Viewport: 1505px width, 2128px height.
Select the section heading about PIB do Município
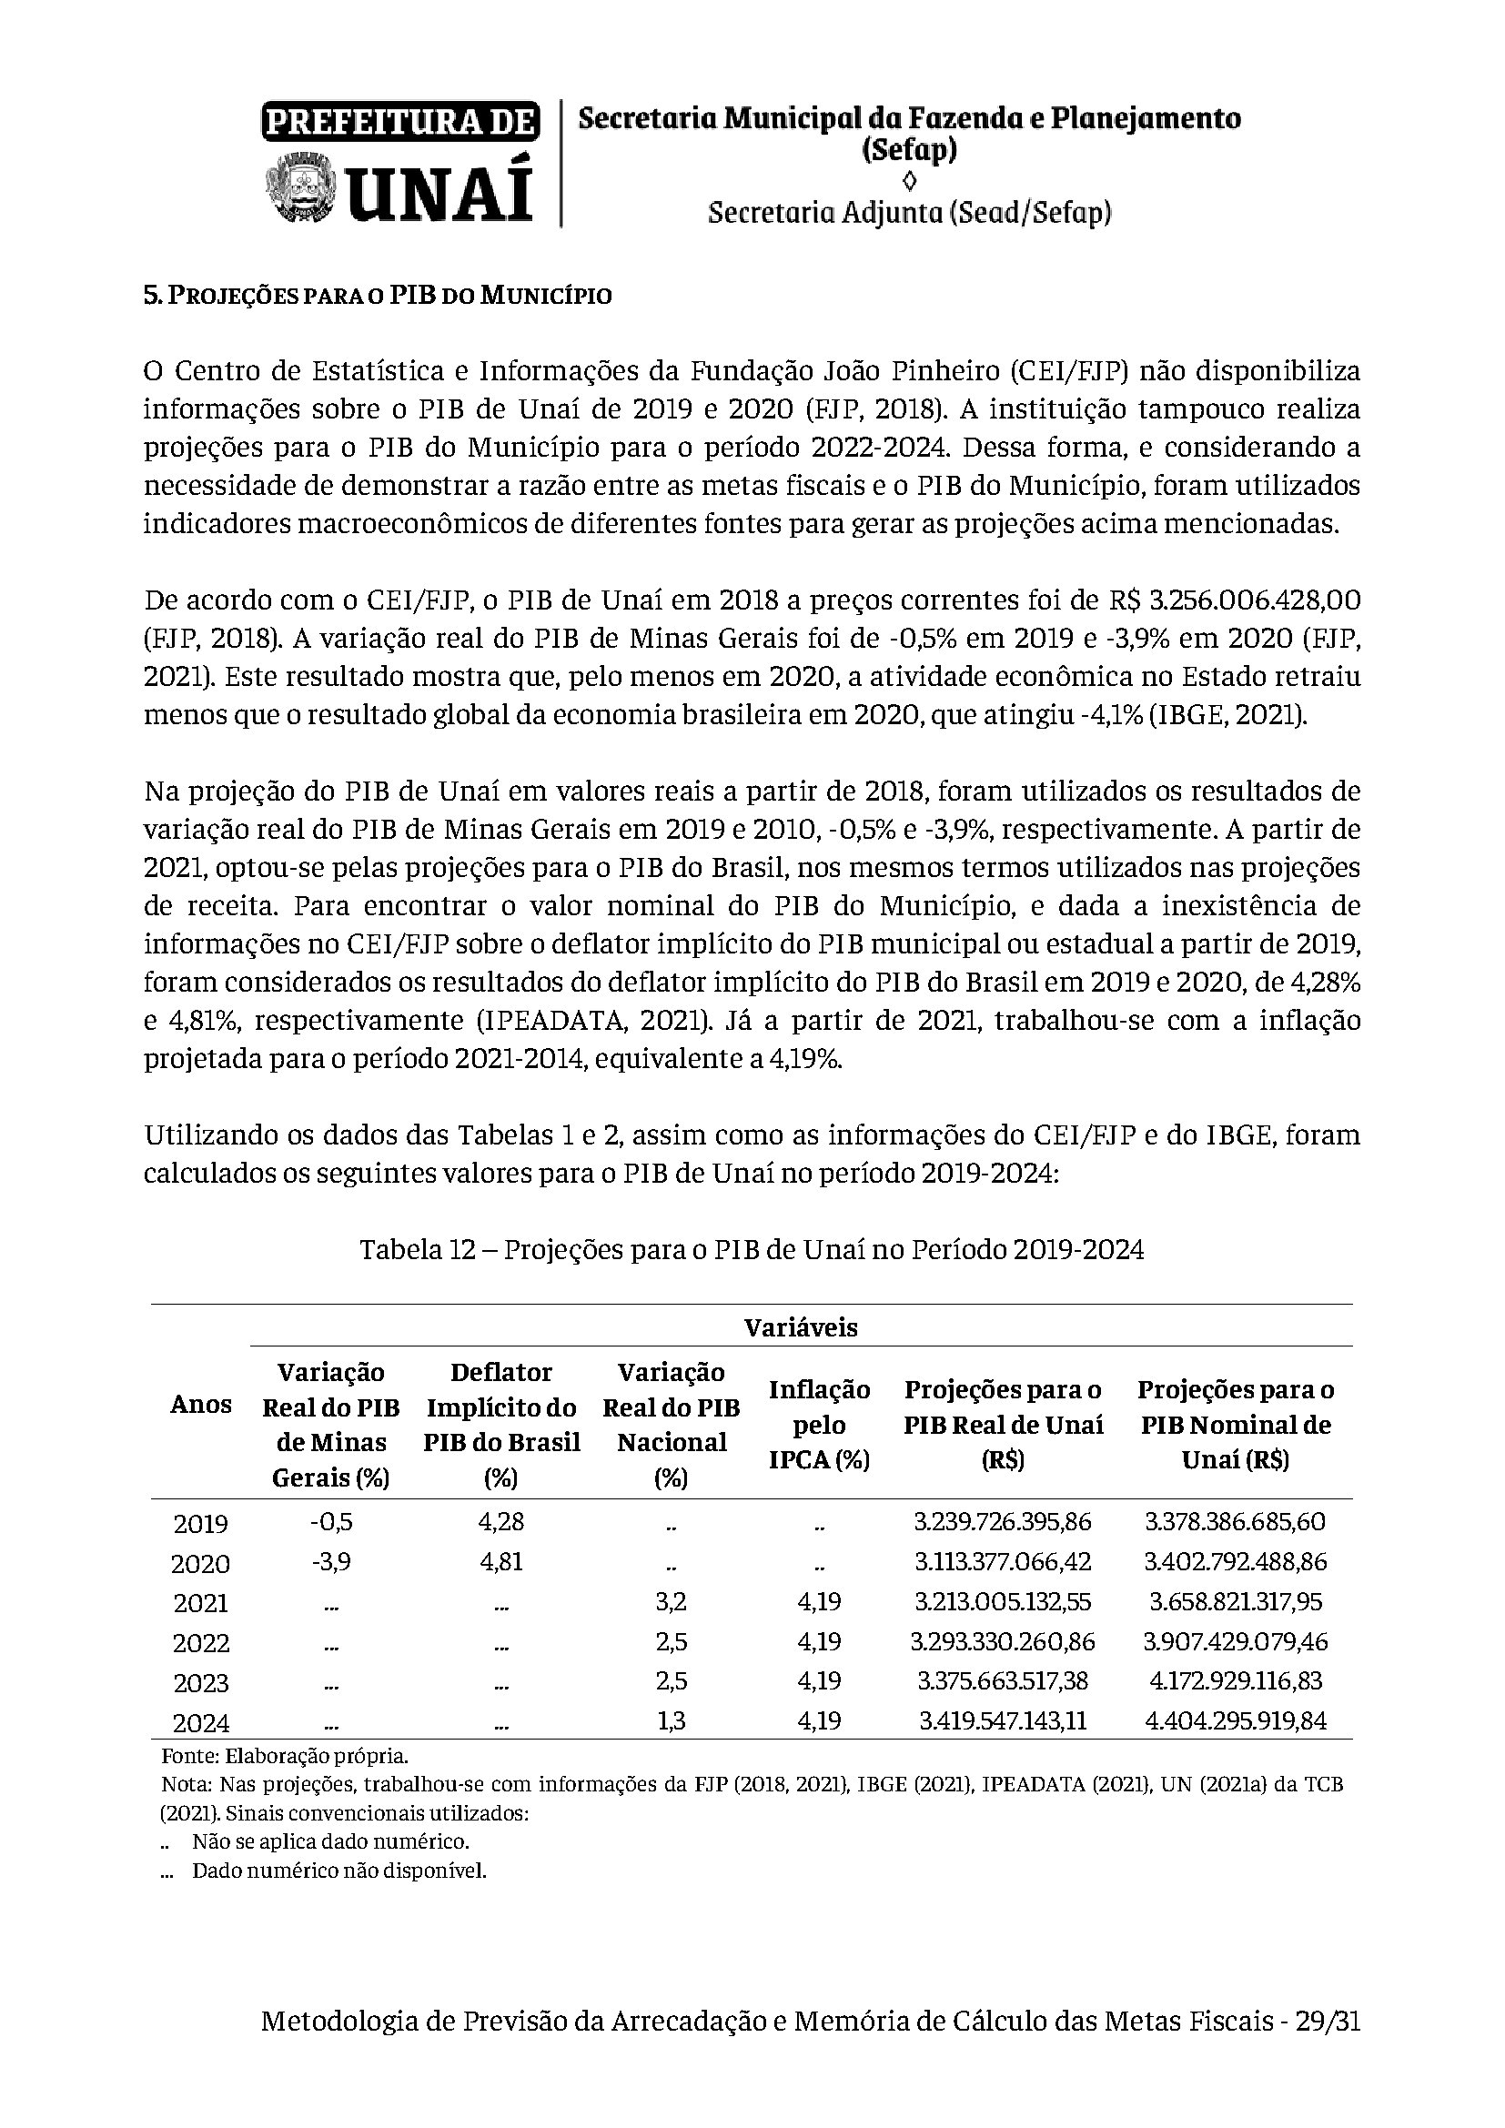click(x=378, y=296)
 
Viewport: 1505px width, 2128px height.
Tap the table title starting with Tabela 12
click(x=752, y=1250)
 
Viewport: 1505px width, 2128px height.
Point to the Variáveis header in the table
click(x=801, y=1327)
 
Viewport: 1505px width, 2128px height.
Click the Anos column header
click(x=200, y=1404)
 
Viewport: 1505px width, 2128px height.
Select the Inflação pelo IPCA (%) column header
click(x=819, y=1425)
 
